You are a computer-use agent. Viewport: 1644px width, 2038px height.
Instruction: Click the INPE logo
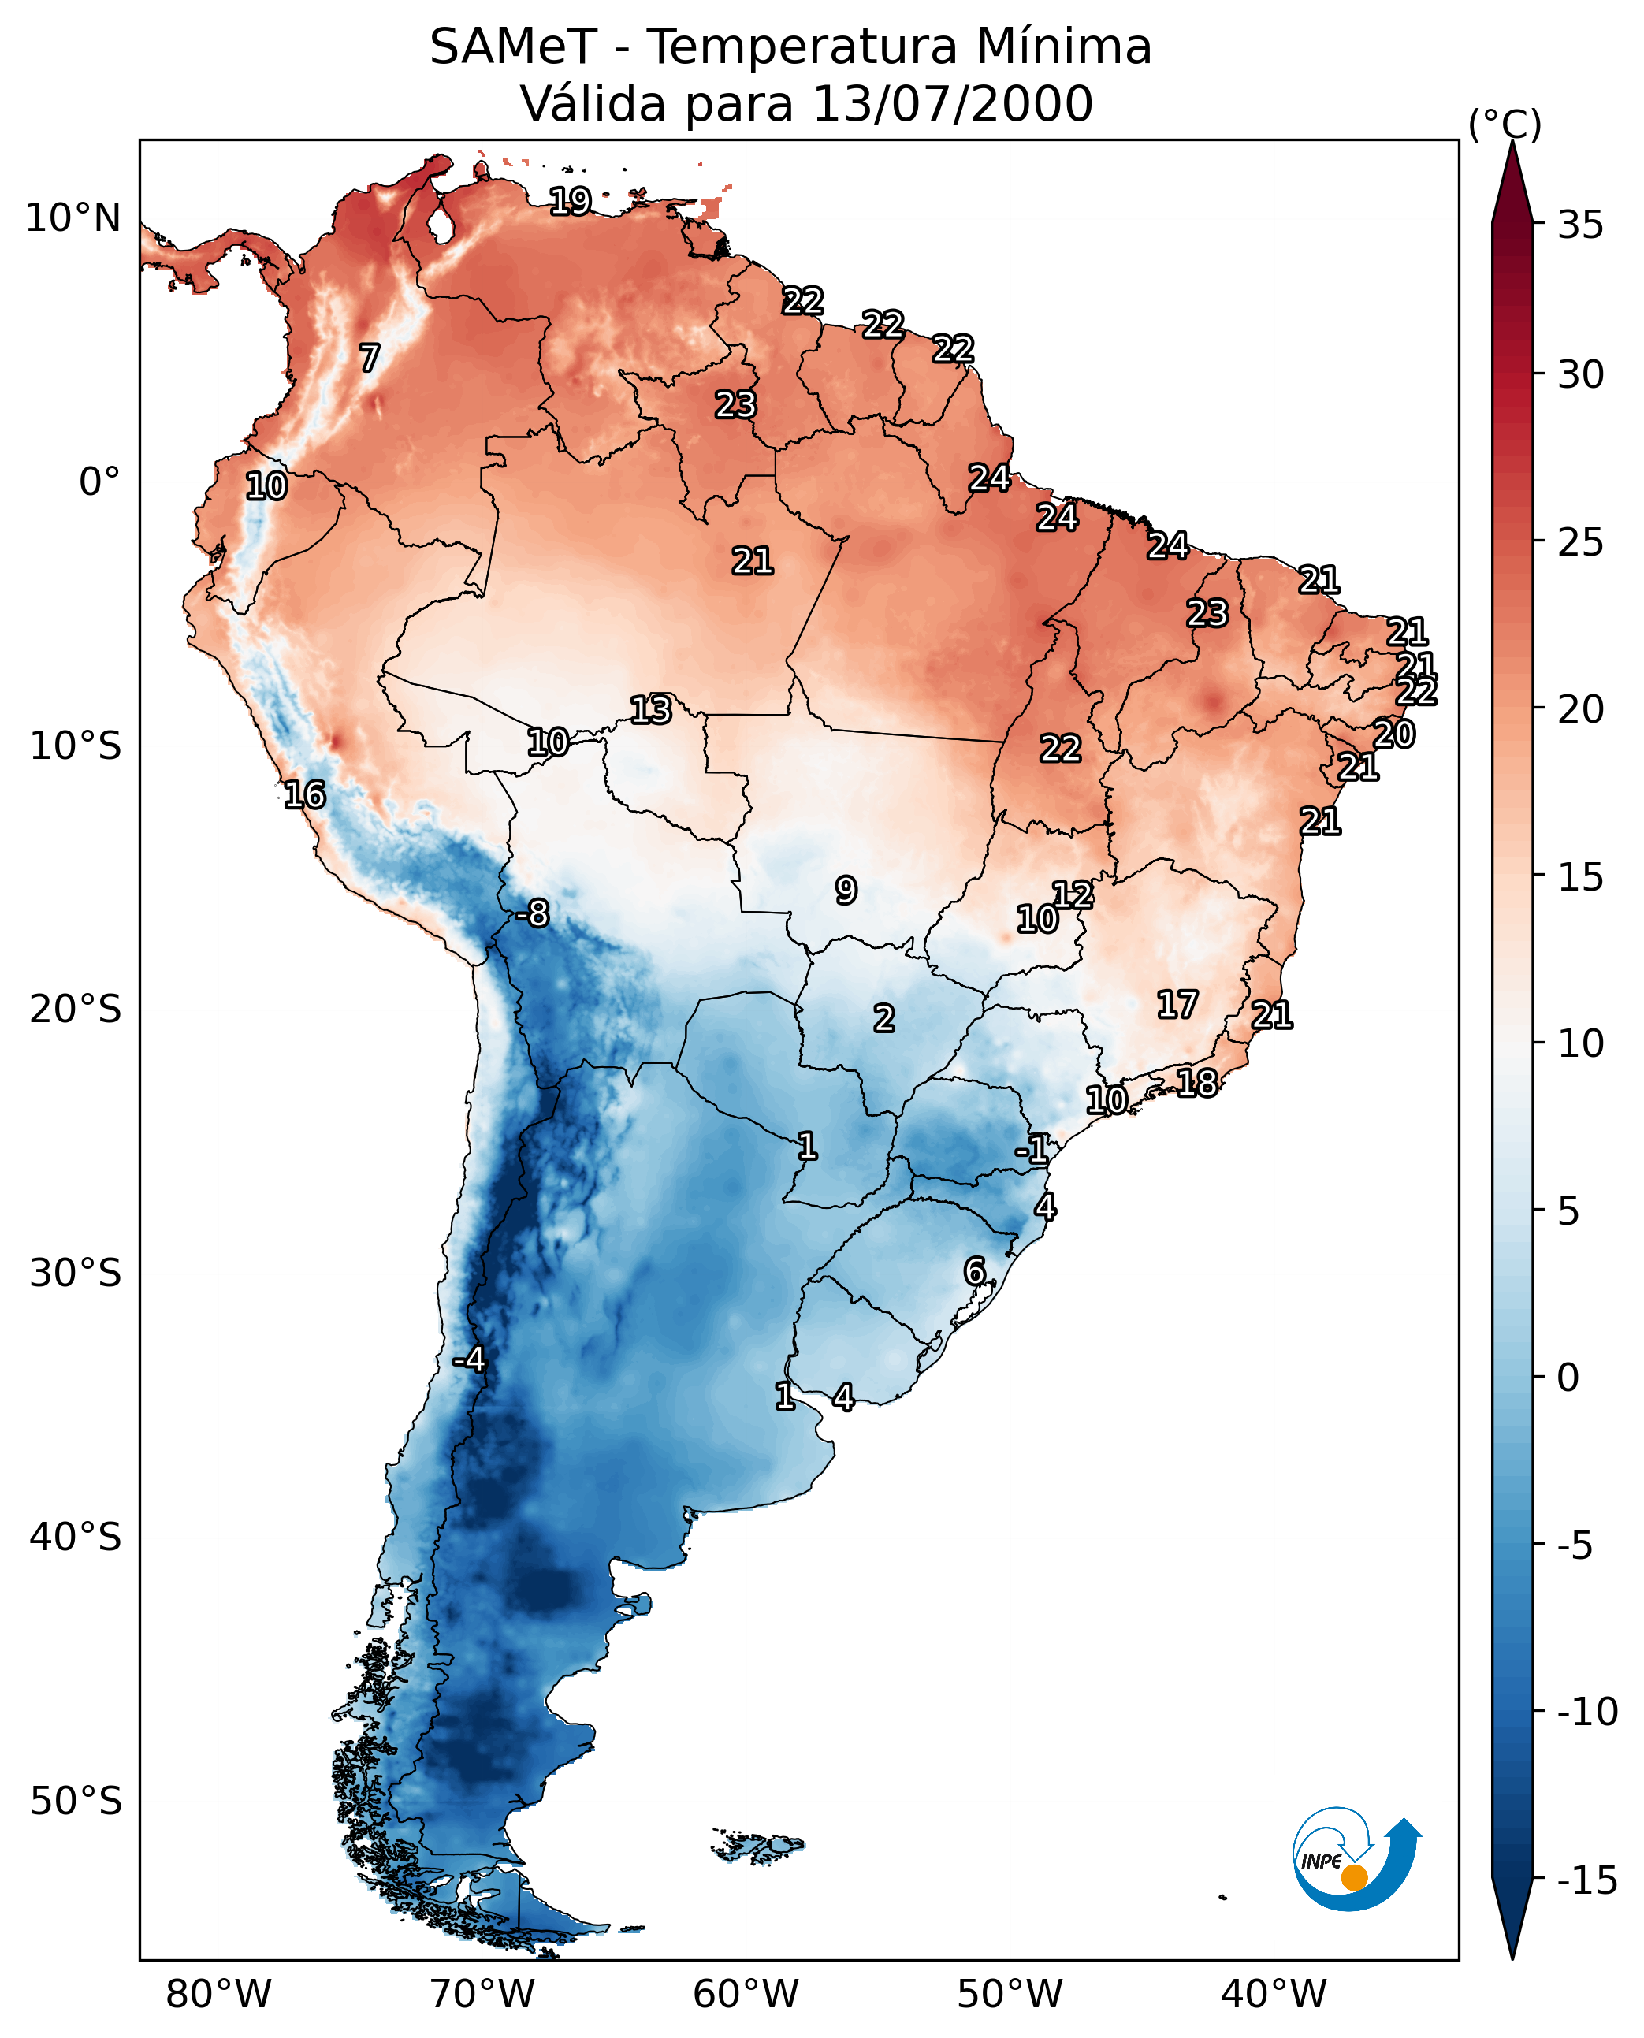click(1356, 1858)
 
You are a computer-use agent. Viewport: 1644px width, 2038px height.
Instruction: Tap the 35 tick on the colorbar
click(1580, 225)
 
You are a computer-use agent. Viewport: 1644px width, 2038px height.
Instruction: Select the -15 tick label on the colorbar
click(1586, 1880)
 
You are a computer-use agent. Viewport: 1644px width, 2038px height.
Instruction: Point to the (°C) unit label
click(1505, 124)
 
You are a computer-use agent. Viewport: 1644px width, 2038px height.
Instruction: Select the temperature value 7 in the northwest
click(370, 357)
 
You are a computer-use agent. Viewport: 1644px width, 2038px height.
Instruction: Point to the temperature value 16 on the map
click(305, 794)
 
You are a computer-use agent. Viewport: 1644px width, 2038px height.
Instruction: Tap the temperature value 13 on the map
click(652, 709)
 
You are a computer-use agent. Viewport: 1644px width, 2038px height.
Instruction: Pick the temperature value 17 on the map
click(1177, 1004)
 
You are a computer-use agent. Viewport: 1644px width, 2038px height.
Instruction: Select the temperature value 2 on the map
click(883, 1018)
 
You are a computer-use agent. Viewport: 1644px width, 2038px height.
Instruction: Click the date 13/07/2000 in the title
click(953, 103)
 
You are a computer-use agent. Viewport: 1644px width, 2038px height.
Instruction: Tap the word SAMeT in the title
click(512, 46)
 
